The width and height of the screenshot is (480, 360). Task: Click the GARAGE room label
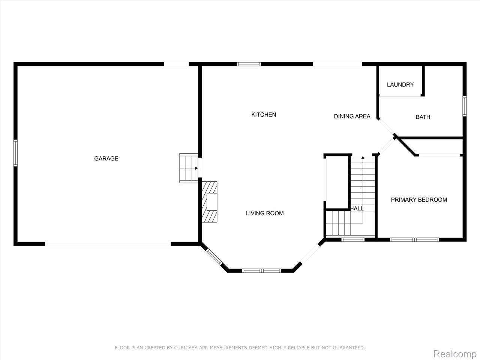click(x=106, y=159)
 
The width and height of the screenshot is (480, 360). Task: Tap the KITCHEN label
click(x=264, y=115)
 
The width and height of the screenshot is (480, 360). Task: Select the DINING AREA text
click(x=352, y=116)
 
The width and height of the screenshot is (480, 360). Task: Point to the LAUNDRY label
click(x=400, y=85)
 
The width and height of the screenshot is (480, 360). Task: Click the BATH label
click(x=423, y=117)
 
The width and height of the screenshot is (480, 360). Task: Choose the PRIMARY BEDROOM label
click(x=419, y=200)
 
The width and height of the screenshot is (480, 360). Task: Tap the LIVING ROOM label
click(x=265, y=213)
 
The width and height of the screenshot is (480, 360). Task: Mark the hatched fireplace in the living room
click(x=210, y=202)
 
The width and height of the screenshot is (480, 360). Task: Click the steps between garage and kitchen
click(x=189, y=168)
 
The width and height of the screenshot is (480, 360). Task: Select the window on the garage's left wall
click(x=15, y=153)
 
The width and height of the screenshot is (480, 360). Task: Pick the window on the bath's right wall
click(x=464, y=106)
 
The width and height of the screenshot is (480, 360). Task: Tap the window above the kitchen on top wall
click(x=249, y=64)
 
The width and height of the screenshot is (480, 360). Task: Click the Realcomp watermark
click(x=454, y=354)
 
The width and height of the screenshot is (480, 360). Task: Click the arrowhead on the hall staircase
click(x=363, y=158)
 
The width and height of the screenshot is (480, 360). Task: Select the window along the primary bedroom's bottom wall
click(x=414, y=239)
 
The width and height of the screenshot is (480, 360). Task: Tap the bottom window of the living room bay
click(x=262, y=270)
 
